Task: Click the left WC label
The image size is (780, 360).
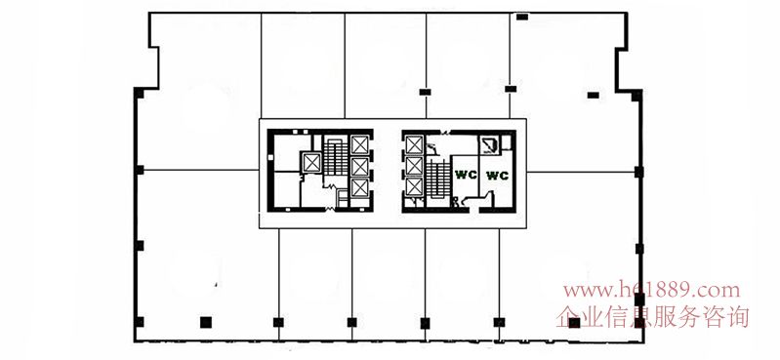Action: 466,175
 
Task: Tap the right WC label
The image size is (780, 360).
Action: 497,176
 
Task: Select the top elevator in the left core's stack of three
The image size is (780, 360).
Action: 359,144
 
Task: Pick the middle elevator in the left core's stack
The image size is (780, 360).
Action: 359,167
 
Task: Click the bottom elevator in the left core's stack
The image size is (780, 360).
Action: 359,188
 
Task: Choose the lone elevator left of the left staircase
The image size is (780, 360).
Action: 311,163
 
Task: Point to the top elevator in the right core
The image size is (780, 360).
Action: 414,144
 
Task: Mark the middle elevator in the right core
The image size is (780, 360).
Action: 414,166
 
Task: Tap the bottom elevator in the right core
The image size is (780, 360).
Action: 414,187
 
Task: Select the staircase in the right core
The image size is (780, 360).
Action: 438,179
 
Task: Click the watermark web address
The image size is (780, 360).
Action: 651,290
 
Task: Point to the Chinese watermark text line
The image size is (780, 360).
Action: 652,317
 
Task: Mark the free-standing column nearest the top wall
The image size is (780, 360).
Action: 522,17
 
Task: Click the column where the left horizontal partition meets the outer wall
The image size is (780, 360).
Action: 140,170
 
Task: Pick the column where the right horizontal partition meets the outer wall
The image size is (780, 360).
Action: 638,172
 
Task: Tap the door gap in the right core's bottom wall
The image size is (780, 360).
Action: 474,211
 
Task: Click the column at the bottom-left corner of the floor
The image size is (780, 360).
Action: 140,322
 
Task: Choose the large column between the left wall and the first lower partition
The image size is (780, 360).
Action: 206,322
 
